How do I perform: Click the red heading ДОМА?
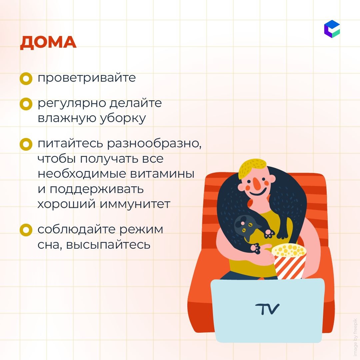coord(48,43)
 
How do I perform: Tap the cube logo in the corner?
coord(332,29)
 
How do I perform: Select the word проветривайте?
coord(87,78)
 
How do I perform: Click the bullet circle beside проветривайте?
coord(26,79)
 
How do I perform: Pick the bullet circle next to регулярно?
coord(26,104)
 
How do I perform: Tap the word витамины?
coord(162,174)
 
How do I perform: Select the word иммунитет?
coord(135,204)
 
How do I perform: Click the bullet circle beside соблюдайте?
coord(26,230)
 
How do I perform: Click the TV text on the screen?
coord(267,309)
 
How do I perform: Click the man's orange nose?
coord(257,182)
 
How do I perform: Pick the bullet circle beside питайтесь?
coord(26,144)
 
